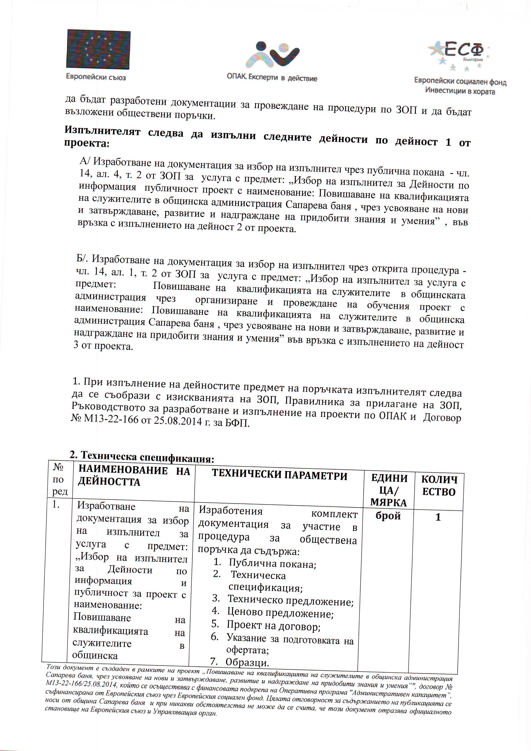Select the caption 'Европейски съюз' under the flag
[x=96, y=77]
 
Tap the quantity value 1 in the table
[x=438, y=517]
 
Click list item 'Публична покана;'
[x=272, y=564]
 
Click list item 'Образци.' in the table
[x=247, y=662]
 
